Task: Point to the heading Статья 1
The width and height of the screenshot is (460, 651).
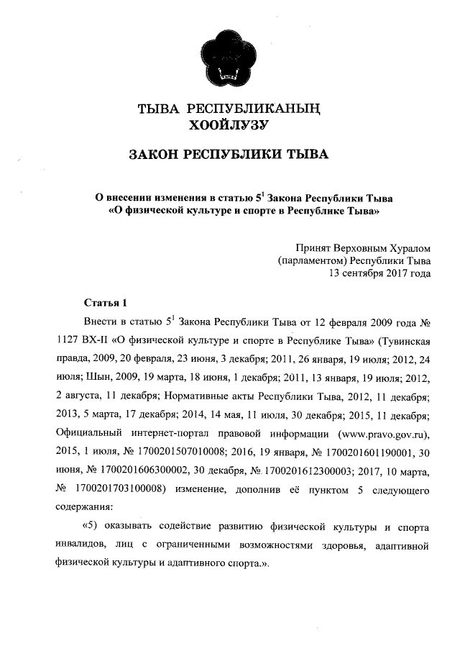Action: tap(105, 301)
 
